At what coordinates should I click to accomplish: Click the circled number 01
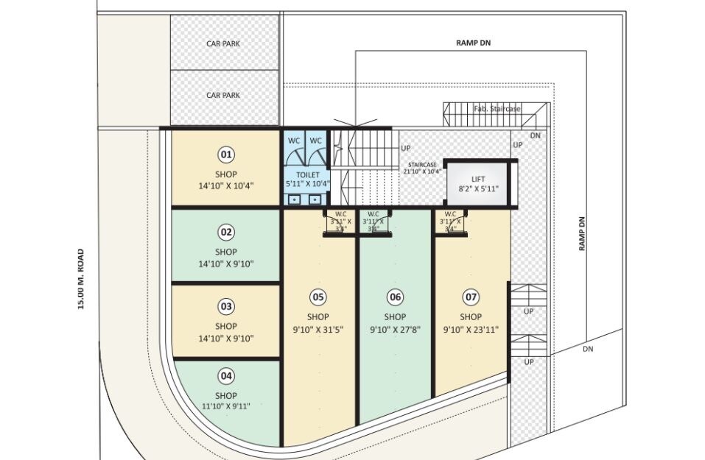[x=226, y=155]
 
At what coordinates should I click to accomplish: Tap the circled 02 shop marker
[x=226, y=233]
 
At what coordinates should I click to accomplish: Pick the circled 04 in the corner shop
[x=226, y=375]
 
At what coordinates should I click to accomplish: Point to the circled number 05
[x=318, y=297]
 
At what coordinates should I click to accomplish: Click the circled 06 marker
[x=396, y=297]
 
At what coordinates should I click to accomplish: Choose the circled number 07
[x=471, y=297]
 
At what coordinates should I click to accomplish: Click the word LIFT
[x=479, y=179]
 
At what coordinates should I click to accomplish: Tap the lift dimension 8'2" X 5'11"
[x=479, y=189]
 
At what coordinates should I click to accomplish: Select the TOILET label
[x=308, y=175]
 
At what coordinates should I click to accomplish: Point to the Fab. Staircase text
[x=497, y=109]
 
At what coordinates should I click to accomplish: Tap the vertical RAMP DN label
[x=581, y=234]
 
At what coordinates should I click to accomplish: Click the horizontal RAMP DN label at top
[x=473, y=43]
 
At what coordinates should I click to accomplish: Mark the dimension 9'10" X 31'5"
[x=318, y=330]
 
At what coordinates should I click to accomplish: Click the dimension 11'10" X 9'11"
[x=226, y=406]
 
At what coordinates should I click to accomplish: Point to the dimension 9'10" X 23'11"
[x=471, y=330]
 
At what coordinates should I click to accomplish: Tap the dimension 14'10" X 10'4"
[x=226, y=186]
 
